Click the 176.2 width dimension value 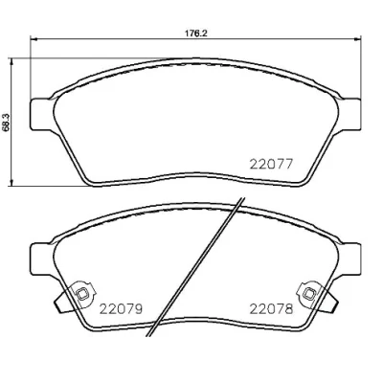[196, 34]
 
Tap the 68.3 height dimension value [6, 123]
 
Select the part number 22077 [271, 165]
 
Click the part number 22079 [121, 308]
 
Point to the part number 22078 [271, 308]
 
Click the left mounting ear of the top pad [41, 114]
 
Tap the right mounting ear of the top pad [349, 114]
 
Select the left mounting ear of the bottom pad [41, 259]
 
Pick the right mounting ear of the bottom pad [349, 259]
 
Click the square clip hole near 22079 [82, 293]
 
